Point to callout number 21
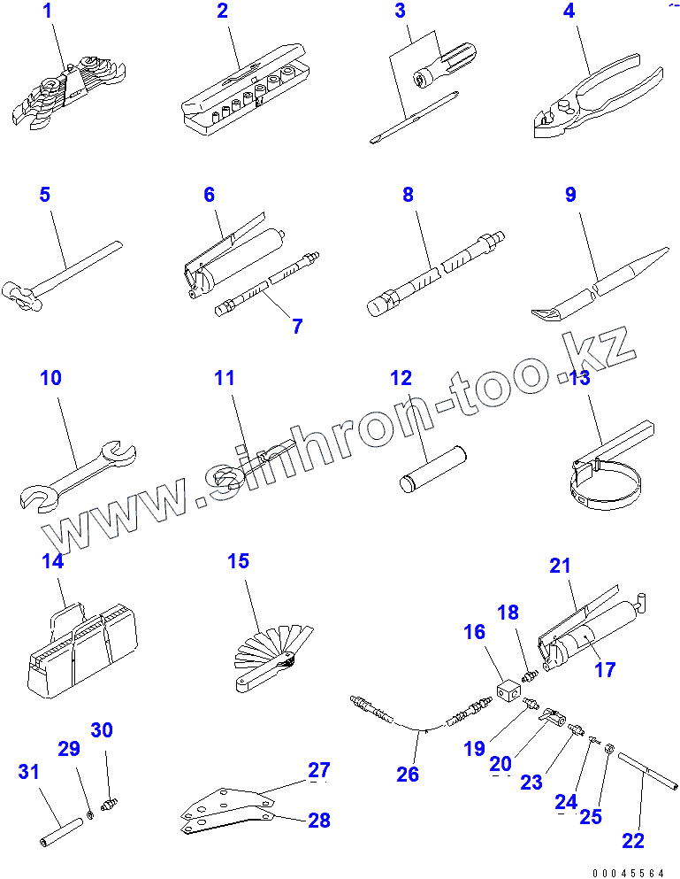[561, 566]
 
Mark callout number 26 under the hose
[408, 775]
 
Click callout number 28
[318, 820]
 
